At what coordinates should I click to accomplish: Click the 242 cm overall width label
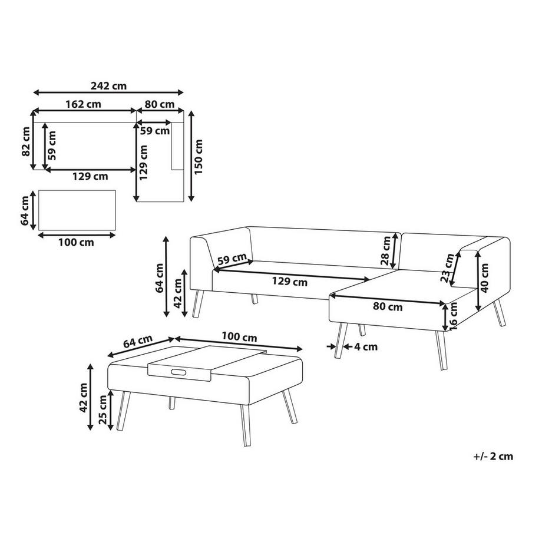click(110, 85)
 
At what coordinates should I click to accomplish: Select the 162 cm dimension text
click(84, 104)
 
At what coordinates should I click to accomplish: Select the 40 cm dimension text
click(484, 277)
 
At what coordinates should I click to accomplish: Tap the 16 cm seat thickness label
click(454, 318)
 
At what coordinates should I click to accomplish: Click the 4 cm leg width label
click(366, 346)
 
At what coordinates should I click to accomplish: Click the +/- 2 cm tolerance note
click(493, 456)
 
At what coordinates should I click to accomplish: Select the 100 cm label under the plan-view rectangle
click(77, 242)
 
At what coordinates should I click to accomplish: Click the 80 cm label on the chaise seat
click(388, 307)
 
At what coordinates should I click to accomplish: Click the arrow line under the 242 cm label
click(109, 92)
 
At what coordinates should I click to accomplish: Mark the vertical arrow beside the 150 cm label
click(190, 156)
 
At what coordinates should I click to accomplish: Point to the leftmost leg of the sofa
click(197, 304)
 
